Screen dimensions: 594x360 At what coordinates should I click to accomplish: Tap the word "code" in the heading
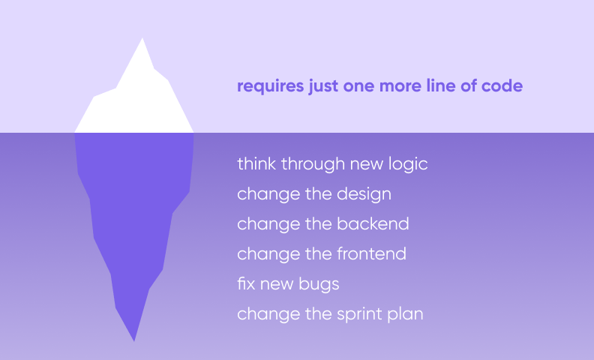[x=502, y=85]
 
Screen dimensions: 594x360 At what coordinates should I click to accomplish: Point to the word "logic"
[x=408, y=164]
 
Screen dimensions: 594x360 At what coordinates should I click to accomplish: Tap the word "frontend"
[x=371, y=253]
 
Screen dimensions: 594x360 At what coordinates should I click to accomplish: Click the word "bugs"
[x=319, y=284]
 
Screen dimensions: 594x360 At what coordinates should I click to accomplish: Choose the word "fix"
[x=246, y=283]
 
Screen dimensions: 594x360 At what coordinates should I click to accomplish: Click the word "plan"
[x=405, y=314]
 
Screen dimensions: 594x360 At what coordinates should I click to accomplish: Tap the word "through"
[x=313, y=164]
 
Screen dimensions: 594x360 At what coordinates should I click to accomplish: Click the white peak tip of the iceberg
[x=142, y=38]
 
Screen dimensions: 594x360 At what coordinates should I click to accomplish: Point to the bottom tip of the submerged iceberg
[x=134, y=341]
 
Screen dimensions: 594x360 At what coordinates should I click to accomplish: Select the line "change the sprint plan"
[x=330, y=314]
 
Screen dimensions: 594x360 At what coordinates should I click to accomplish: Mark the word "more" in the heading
[x=400, y=86]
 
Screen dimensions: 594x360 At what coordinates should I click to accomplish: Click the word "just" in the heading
[x=323, y=86]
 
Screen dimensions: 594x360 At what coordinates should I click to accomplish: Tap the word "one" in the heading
[x=358, y=86]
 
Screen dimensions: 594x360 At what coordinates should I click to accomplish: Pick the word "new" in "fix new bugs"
[x=277, y=284]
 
